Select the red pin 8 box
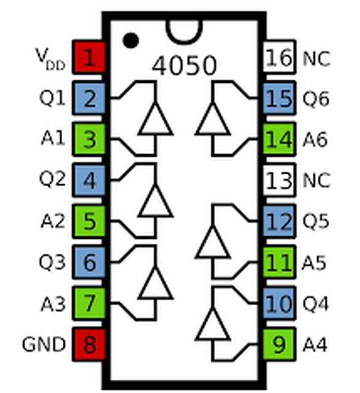coord(90,344)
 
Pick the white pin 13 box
coord(280,181)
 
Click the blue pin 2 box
coord(90,98)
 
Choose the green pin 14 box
coord(280,139)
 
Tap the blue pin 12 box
coord(280,221)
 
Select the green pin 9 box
coord(280,344)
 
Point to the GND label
coord(44,344)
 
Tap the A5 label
coord(316,262)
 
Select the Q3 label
coord(52,262)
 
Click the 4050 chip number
coord(184,64)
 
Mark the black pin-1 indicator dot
coord(130,40)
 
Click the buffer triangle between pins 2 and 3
coord(155,119)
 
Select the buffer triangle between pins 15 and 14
coord(213,119)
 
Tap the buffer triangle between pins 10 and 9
coord(213,324)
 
